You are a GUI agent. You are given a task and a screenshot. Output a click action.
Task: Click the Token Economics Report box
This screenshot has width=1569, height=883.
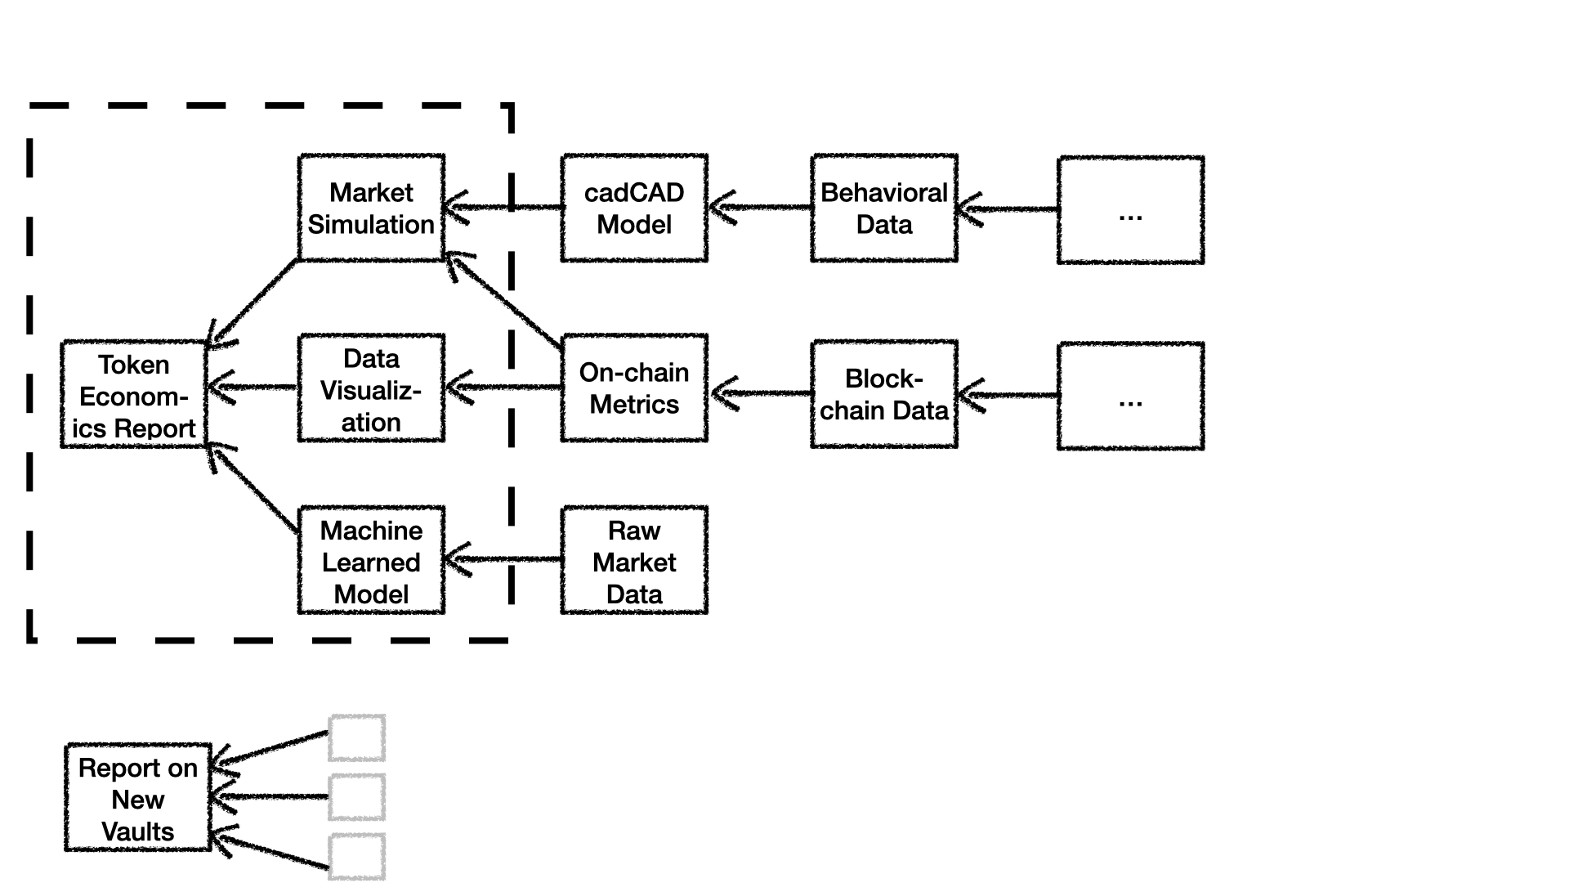[x=133, y=395]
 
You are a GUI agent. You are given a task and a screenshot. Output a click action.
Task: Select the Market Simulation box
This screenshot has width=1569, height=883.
[x=371, y=208]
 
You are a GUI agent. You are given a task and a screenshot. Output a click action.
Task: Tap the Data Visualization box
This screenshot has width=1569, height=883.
[x=371, y=388]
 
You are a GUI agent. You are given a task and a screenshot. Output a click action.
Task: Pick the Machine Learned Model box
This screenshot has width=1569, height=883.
[x=371, y=561]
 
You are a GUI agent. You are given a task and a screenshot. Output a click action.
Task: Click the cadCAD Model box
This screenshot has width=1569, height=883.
[x=634, y=208]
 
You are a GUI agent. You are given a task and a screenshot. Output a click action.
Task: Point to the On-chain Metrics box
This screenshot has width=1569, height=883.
[x=634, y=388]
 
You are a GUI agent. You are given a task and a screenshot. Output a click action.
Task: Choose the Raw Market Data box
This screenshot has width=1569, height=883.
[x=634, y=561]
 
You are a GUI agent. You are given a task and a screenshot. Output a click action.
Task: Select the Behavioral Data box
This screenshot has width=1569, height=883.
[x=884, y=208]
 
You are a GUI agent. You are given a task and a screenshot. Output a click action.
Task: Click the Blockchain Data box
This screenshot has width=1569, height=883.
[x=884, y=395]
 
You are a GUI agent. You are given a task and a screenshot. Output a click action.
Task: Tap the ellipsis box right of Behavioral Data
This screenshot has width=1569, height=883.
[x=1130, y=210]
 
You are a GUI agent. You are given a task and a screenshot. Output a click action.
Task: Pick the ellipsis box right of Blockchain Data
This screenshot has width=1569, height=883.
[x=1130, y=397]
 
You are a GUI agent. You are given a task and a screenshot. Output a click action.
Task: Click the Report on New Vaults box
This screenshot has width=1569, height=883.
[x=138, y=798]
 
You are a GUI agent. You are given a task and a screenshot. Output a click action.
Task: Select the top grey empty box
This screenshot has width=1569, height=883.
[x=357, y=738]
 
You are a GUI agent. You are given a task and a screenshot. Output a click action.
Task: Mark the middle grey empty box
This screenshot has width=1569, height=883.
[x=357, y=797]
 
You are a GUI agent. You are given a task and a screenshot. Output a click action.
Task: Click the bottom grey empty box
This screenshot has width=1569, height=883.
[x=357, y=857]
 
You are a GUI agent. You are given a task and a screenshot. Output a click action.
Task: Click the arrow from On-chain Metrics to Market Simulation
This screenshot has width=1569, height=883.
[x=503, y=300]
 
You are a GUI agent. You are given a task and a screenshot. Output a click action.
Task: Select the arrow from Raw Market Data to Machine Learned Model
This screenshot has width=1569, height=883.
[x=503, y=560]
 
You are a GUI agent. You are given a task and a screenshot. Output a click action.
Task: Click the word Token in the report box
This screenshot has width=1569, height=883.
[x=133, y=365]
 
